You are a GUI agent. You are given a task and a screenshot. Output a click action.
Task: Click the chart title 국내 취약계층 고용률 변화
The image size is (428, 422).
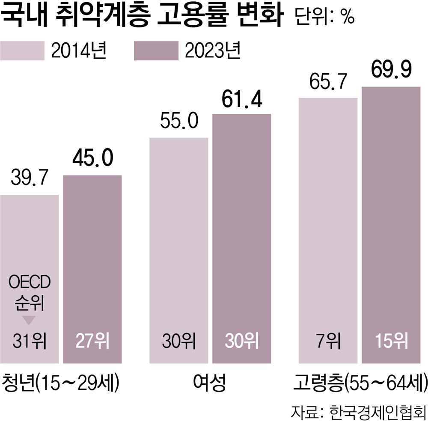coord(143,17)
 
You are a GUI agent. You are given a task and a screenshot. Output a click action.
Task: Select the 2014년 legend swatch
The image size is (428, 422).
coord(22,51)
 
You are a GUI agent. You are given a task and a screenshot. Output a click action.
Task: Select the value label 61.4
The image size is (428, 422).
coord(242,100)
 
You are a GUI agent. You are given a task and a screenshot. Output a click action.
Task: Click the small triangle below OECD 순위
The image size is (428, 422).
coord(29,320)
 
